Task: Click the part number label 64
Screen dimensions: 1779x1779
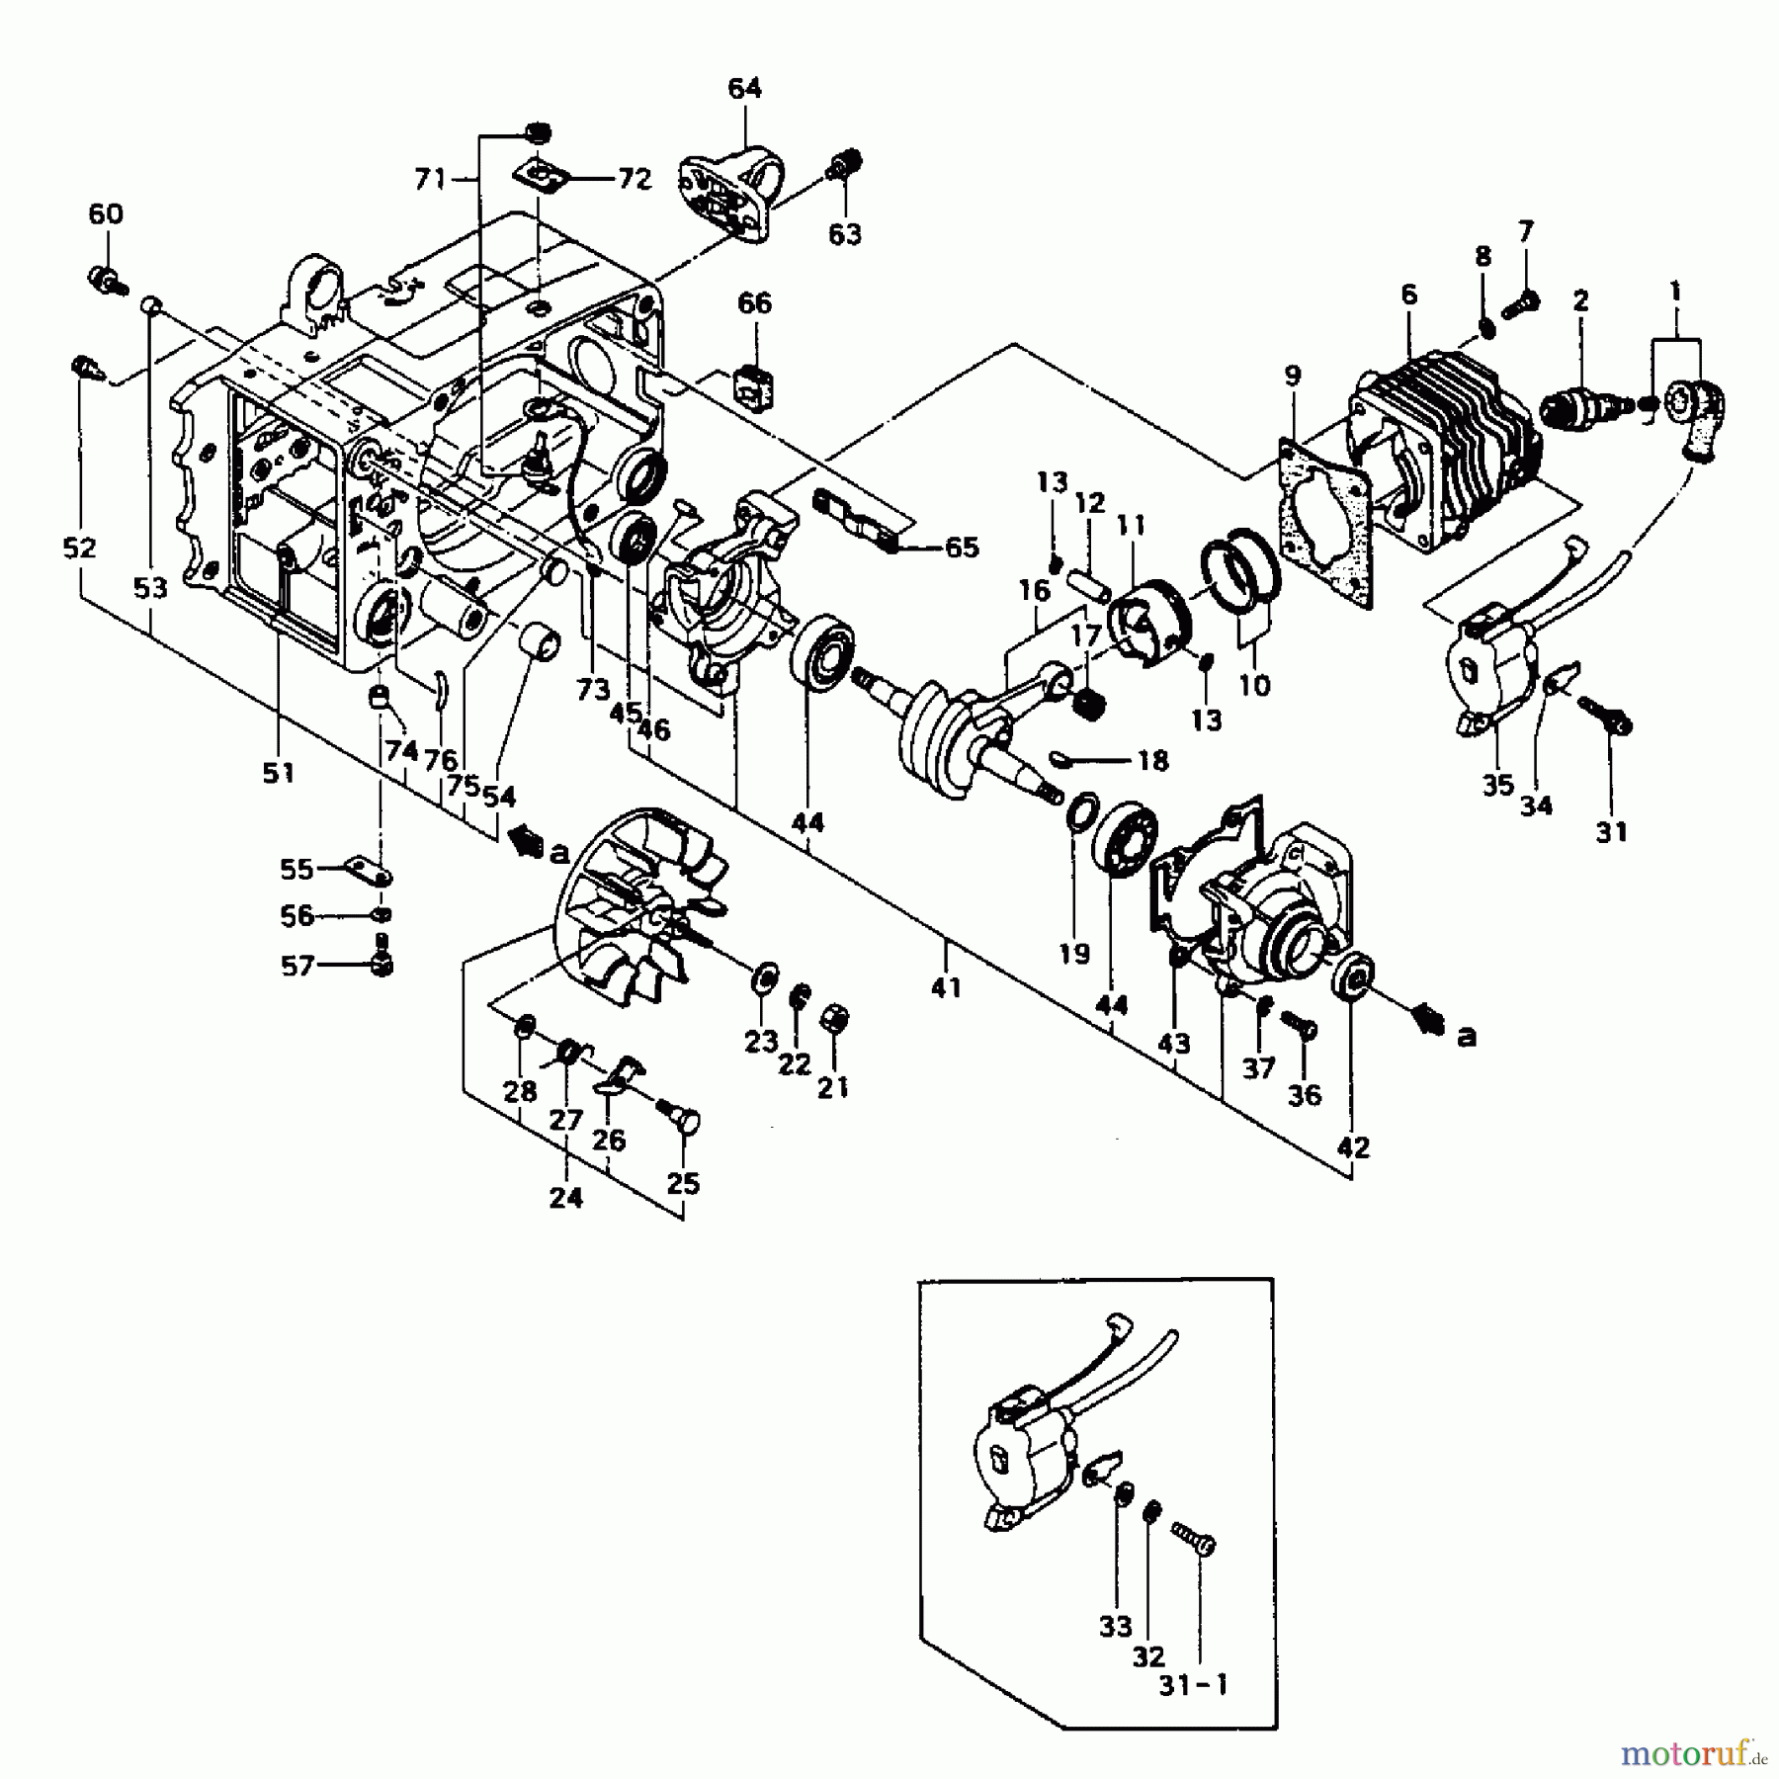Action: coord(744,88)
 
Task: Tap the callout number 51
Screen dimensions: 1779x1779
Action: coord(279,772)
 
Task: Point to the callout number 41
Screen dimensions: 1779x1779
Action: coord(946,986)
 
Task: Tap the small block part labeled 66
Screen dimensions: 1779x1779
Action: coord(756,384)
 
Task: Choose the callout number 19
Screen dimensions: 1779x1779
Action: coord(1074,953)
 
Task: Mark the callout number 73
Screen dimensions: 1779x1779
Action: coord(593,690)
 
